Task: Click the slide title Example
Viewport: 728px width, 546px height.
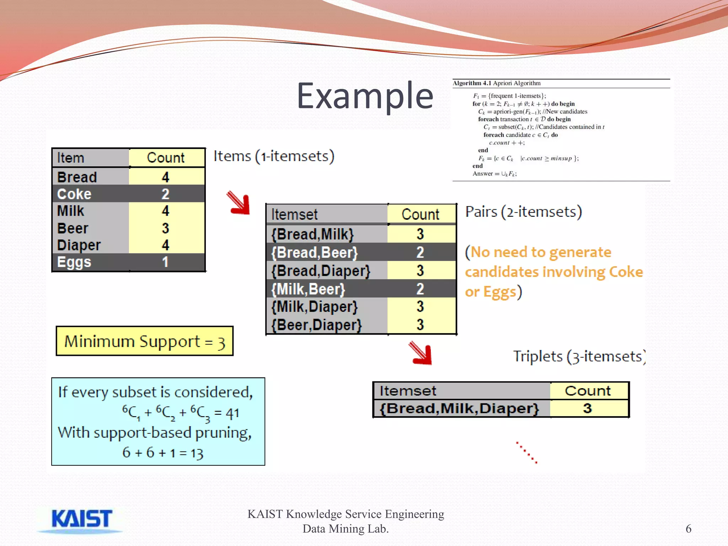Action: click(x=365, y=96)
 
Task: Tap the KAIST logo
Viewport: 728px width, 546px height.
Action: click(x=81, y=520)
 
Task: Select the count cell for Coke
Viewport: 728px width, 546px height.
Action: click(x=165, y=194)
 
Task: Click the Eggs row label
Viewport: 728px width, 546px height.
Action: click(x=74, y=262)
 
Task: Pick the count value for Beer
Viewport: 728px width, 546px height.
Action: click(x=165, y=228)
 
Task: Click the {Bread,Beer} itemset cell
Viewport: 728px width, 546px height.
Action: click(x=315, y=252)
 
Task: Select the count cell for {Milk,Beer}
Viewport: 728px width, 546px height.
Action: click(x=420, y=289)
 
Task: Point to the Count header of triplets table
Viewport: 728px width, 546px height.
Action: click(x=588, y=391)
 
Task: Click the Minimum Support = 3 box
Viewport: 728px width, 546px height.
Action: click(x=144, y=341)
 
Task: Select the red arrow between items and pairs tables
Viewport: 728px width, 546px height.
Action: click(x=239, y=203)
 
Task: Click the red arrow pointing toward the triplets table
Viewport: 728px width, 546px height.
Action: click(x=421, y=353)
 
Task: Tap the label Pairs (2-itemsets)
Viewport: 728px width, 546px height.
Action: click(x=523, y=212)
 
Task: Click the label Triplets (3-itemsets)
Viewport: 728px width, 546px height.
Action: click(x=579, y=357)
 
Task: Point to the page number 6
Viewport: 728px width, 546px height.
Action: click(x=688, y=529)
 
